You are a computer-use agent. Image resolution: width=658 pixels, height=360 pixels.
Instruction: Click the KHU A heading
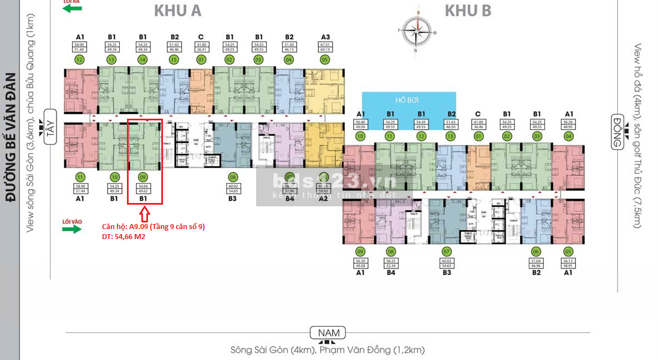(x=177, y=11)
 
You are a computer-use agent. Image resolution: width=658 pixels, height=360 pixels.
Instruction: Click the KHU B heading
(x=468, y=11)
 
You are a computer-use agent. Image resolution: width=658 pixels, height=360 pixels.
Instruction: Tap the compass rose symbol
(x=416, y=31)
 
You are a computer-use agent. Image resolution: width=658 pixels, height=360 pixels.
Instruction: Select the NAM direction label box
(x=328, y=333)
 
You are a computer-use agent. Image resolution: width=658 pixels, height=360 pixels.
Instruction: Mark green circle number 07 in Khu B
(x=447, y=251)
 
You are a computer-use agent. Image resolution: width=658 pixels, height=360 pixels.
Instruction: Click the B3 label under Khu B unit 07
(x=447, y=272)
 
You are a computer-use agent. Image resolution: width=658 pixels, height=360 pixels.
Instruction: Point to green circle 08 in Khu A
(x=232, y=178)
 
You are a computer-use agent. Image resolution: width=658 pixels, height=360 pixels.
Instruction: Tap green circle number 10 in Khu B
(x=360, y=135)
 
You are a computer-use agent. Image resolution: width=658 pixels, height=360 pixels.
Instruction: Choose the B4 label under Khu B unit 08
(x=391, y=272)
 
